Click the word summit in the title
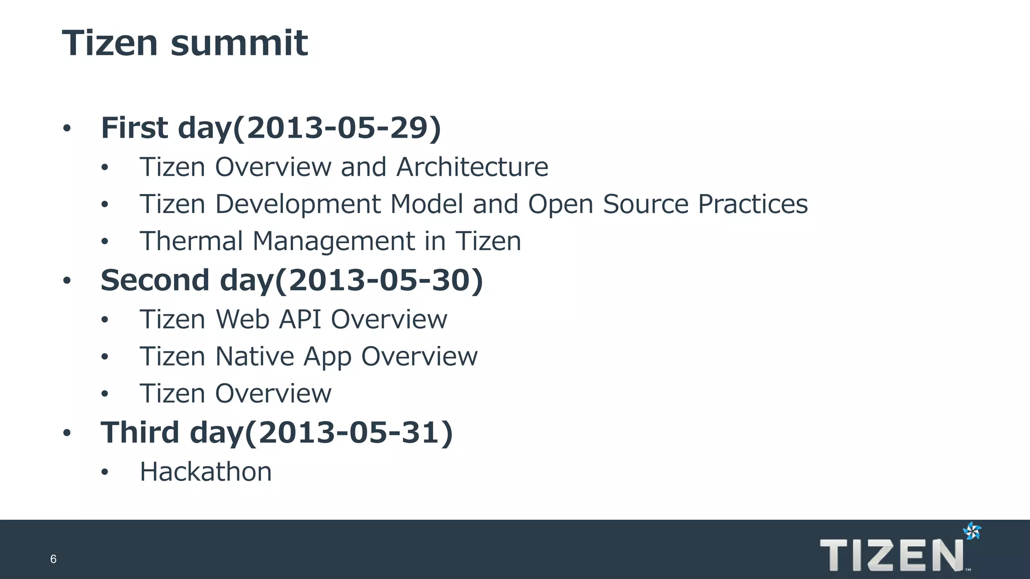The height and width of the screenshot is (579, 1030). (x=239, y=43)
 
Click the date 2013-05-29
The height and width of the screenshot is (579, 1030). (x=335, y=128)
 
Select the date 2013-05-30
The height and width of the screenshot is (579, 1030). (x=378, y=280)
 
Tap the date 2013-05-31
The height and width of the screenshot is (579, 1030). (x=348, y=432)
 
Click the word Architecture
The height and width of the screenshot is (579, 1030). (x=472, y=167)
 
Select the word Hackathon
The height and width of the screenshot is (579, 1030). (x=206, y=472)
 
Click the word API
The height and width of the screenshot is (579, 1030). (x=300, y=320)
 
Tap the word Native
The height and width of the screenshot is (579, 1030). (x=254, y=357)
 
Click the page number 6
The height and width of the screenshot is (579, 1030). (x=53, y=559)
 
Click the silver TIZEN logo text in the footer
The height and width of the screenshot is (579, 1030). (x=891, y=555)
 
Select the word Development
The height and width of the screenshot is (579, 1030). (x=298, y=205)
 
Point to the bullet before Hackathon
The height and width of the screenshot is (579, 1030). (x=105, y=472)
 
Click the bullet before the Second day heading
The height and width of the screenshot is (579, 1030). (x=67, y=281)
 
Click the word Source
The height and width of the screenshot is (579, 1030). (x=645, y=205)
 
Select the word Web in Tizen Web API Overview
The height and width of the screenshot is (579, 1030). (x=243, y=320)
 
